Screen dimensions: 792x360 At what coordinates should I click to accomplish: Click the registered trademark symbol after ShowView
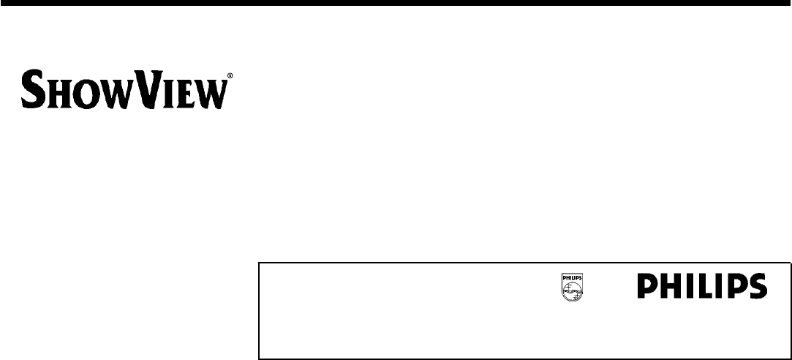(x=231, y=76)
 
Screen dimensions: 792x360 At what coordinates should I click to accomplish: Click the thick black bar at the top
(x=396, y=4)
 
